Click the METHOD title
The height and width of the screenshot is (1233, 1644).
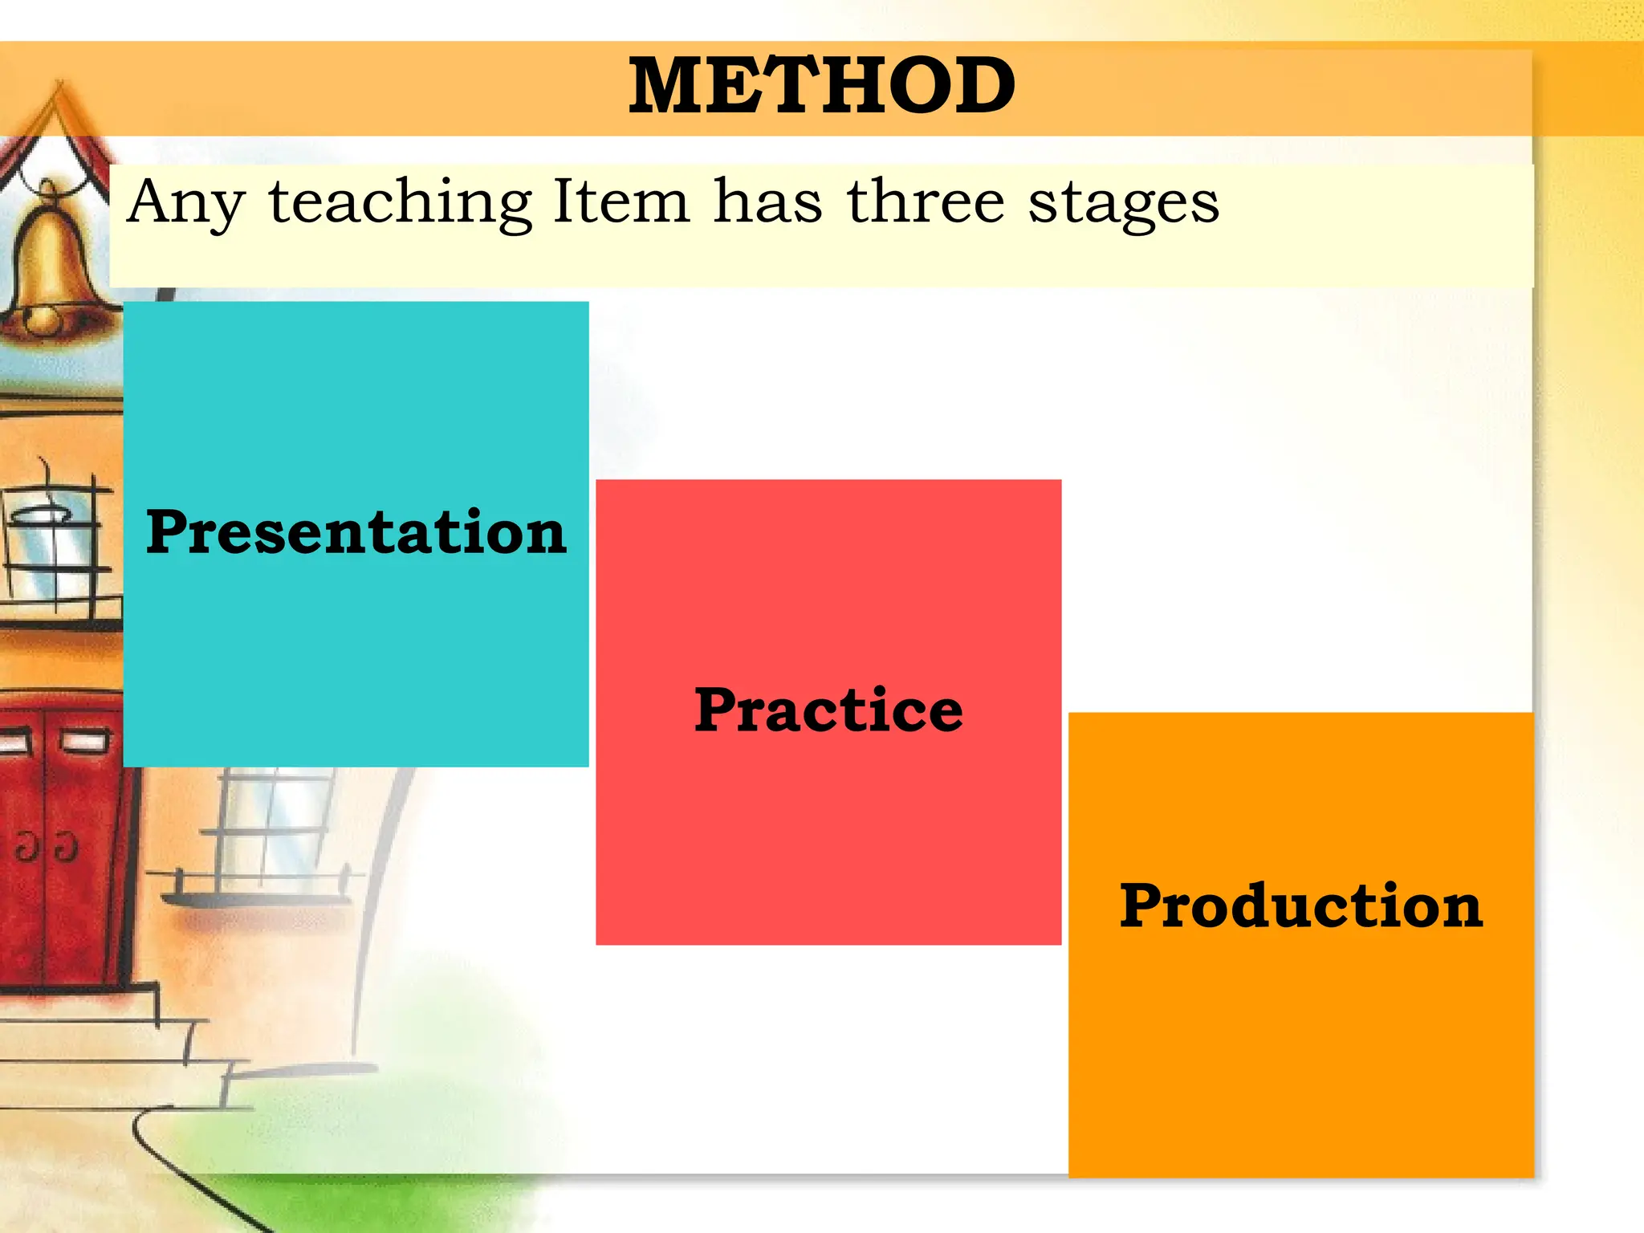[821, 86]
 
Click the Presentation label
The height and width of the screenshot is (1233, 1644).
[356, 532]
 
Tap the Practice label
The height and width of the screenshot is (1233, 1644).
[828, 710]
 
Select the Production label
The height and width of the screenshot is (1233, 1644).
[1300, 905]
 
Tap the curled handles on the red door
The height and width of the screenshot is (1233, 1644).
[47, 847]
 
